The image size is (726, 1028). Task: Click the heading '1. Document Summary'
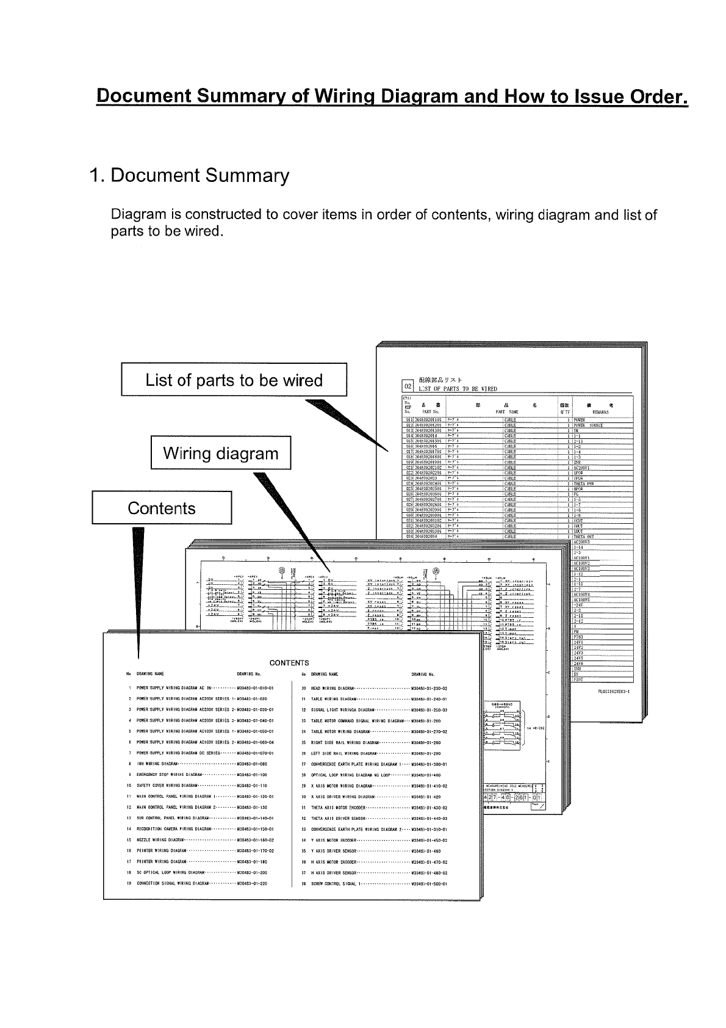pos(189,176)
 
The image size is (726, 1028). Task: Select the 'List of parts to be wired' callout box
pos(234,380)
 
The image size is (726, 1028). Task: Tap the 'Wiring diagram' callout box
pos(221,454)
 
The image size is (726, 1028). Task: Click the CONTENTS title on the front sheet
pos(289,662)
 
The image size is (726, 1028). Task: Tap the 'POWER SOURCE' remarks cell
pos(588,425)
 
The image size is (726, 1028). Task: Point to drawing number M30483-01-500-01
pos(429,883)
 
